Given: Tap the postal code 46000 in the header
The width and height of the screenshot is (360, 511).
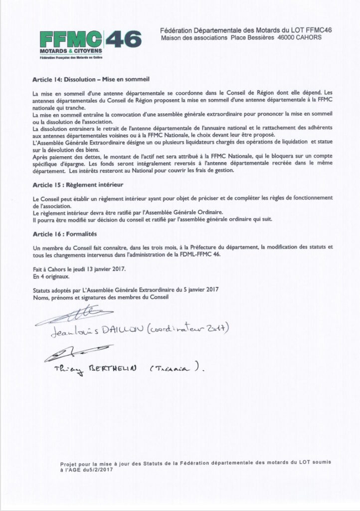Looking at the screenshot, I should tap(282, 38).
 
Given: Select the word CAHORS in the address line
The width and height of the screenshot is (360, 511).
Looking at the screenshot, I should tap(308, 38).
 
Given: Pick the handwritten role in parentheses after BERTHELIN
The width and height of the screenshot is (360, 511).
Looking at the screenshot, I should tap(175, 370).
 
